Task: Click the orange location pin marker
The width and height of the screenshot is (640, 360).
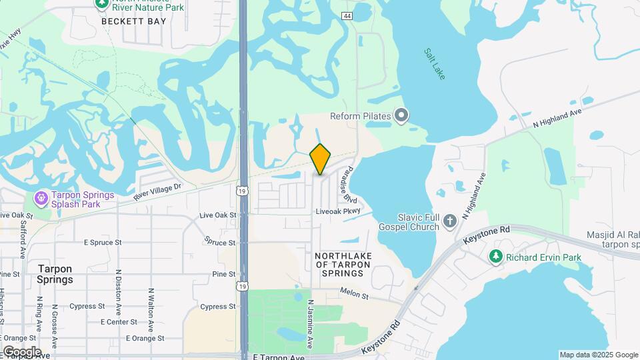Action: click(x=321, y=159)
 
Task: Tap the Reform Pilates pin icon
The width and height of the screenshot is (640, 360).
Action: click(x=401, y=117)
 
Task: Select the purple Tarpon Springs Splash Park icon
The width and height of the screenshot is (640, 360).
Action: click(x=41, y=198)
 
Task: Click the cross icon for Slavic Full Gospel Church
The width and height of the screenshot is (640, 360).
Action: click(x=450, y=221)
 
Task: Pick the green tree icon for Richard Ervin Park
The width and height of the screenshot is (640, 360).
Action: click(x=495, y=257)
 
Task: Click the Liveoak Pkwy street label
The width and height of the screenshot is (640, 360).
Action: click(x=338, y=211)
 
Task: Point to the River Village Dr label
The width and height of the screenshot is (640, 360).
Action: click(x=157, y=193)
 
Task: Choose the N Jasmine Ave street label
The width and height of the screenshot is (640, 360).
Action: click(x=310, y=323)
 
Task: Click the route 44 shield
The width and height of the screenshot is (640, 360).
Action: click(x=347, y=15)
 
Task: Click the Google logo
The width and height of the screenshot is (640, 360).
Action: click(x=21, y=351)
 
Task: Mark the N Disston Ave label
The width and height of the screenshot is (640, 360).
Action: click(x=117, y=292)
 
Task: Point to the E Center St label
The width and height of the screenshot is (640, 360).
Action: click(x=119, y=322)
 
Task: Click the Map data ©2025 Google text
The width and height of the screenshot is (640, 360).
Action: click(x=599, y=355)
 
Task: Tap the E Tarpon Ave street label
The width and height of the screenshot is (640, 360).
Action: click(x=279, y=357)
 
